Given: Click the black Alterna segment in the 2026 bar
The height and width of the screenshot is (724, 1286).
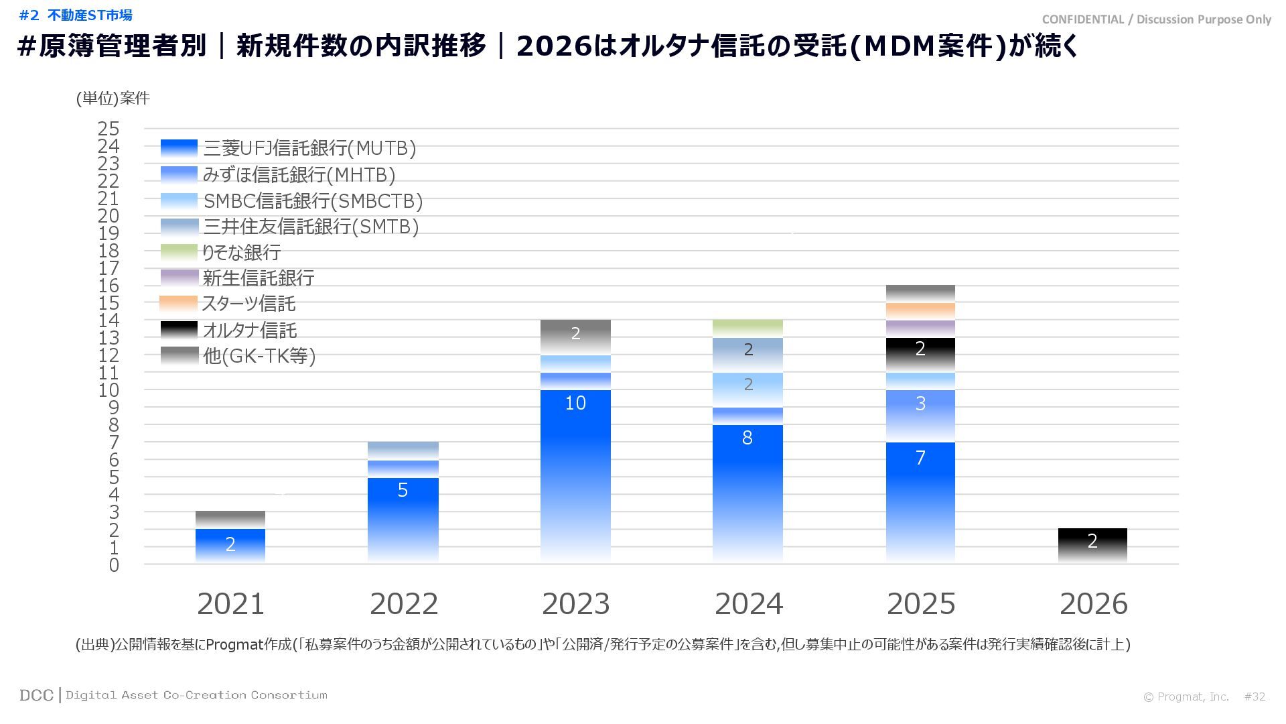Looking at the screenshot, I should (1092, 545).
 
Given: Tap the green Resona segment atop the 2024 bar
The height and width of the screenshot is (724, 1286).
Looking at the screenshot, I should (747, 328).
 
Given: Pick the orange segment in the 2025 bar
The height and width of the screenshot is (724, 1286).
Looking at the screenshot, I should (920, 311).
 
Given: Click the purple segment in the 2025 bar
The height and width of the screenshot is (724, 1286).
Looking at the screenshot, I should (920, 328).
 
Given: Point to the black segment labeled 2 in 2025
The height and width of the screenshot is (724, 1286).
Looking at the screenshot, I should (920, 354).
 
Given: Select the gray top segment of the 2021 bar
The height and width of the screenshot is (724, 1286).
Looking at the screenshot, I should (230, 520).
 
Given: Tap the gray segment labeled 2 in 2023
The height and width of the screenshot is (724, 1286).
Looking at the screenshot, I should (575, 337).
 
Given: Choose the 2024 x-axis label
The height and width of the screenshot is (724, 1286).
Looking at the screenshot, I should (748, 604).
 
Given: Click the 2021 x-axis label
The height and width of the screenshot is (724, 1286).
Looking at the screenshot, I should (230, 604).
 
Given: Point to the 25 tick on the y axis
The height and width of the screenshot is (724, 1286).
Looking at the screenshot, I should (109, 129).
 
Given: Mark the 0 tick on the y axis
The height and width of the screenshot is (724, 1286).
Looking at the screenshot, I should (114, 565).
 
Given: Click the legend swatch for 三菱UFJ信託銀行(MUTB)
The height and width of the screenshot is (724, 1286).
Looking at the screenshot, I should (179, 148).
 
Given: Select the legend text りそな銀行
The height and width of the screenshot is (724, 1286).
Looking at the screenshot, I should (241, 253).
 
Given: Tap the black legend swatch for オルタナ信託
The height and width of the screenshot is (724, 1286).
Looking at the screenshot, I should (179, 330).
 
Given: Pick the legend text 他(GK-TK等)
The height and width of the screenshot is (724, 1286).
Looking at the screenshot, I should (259, 356).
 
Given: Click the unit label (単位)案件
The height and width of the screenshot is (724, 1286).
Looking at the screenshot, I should (113, 99).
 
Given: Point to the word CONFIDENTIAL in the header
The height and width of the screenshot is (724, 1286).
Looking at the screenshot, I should (1082, 19).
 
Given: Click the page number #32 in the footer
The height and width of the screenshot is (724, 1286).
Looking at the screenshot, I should (1255, 697).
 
